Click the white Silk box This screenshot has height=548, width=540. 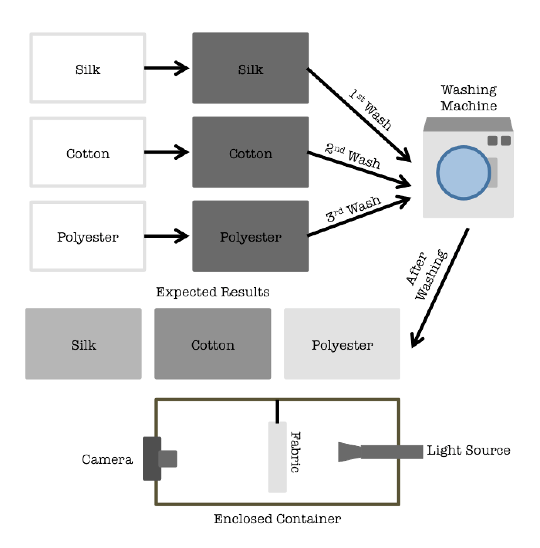(88, 68)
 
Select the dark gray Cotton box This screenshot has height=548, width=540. (250, 152)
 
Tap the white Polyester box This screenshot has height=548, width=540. (88, 236)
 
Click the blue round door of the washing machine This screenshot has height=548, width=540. (463, 173)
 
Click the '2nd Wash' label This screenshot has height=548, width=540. (353, 156)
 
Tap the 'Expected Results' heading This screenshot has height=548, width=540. (213, 292)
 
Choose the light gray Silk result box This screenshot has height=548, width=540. (83, 343)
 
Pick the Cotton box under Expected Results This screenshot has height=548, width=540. (213, 343)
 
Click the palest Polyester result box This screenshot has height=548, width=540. (342, 343)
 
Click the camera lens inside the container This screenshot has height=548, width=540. (168, 458)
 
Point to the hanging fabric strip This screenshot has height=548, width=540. (277, 457)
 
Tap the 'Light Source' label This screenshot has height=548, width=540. (468, 450)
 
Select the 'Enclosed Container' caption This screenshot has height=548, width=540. (277, 519)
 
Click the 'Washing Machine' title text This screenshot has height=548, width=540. (469, 98)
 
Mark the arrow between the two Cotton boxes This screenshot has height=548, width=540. (167, 152)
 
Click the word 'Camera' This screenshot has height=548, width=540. (107, 459)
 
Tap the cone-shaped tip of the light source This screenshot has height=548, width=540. (349, 452)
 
